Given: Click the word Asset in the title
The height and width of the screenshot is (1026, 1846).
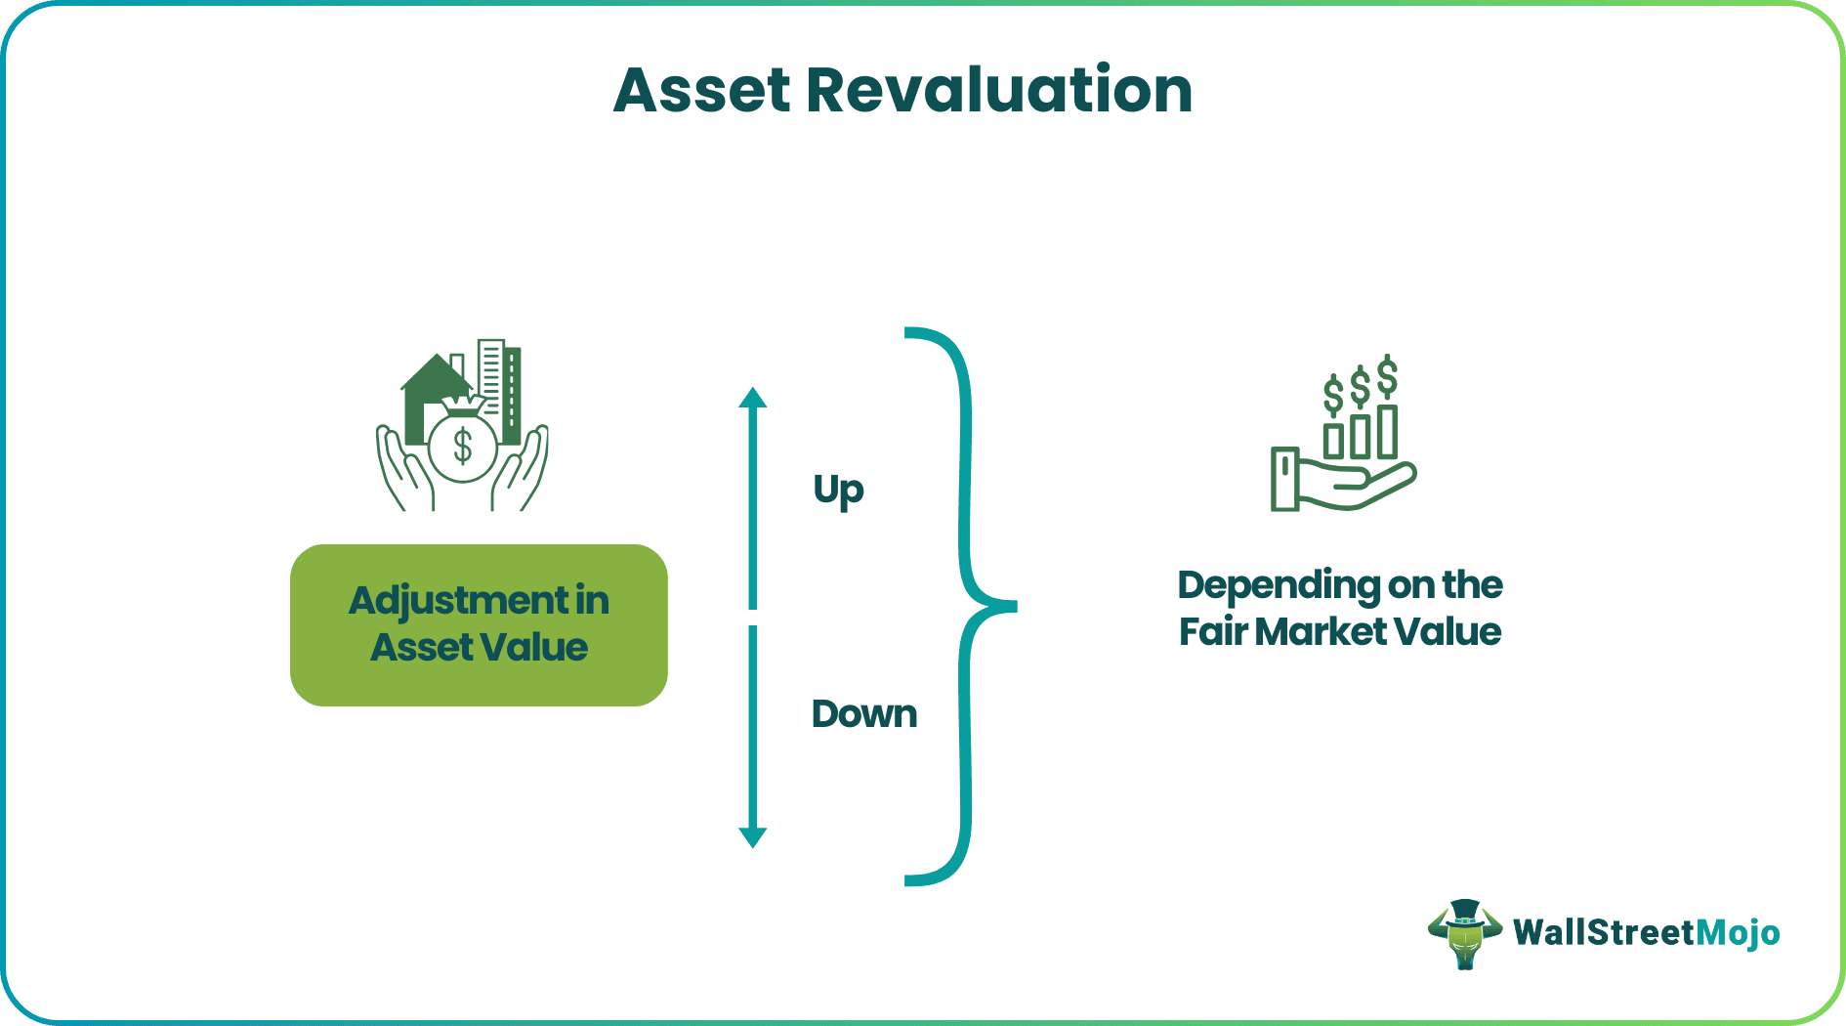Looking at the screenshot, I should tap(701, 91).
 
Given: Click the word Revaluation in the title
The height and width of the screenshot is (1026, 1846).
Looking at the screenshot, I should tap(998, 91).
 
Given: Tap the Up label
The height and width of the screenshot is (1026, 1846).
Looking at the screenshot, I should tap(838, 490).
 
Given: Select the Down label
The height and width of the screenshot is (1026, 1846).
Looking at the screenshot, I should tap(864, 714).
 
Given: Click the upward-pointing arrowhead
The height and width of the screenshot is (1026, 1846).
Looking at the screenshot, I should tap(752, 398).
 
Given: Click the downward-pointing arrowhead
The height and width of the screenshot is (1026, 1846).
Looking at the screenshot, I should tap(752, 836).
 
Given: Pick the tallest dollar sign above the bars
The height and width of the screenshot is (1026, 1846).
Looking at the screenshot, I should tap(1387, 376).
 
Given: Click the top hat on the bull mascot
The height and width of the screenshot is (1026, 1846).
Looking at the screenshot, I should tap(1464, 912).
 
